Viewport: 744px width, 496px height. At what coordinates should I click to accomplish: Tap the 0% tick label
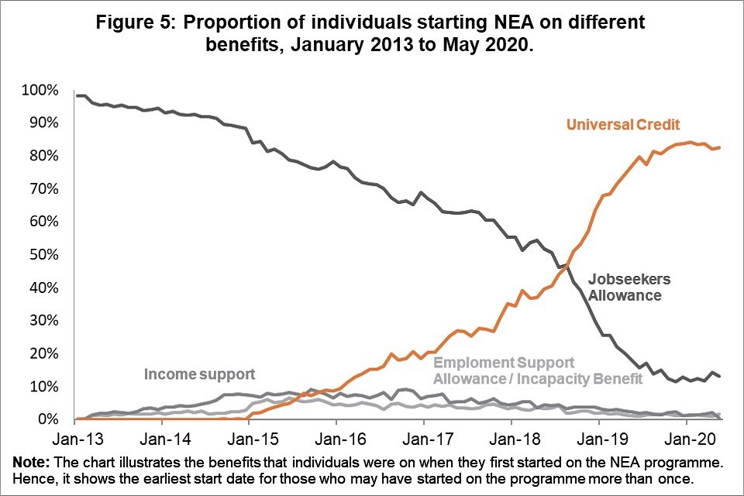pos(46,419)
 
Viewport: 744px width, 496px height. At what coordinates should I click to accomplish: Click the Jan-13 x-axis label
pos(75,438)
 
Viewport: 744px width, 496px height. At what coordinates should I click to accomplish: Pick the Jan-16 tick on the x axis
pos(336,438)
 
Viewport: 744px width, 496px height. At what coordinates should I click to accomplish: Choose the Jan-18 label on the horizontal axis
pos(511,438)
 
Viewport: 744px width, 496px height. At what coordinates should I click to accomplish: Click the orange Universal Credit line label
pos(623,125)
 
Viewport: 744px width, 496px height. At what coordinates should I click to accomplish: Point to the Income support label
pos(199,374)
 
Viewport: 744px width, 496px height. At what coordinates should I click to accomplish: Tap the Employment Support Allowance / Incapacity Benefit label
pos(537,370)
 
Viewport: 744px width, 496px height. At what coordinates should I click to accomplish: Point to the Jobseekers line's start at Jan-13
pos(76,95)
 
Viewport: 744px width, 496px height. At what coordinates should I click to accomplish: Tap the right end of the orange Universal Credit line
pos(721,147)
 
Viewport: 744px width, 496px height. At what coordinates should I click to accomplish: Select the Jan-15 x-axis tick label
pos(249,438)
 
